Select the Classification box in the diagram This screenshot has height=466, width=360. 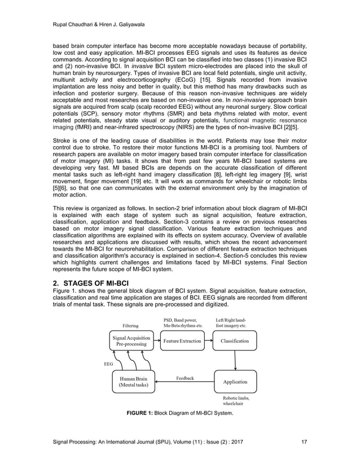tap(235, 342)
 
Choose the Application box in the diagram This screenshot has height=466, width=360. tap(235, 382)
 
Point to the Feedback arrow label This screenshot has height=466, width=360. tap(185, 377)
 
